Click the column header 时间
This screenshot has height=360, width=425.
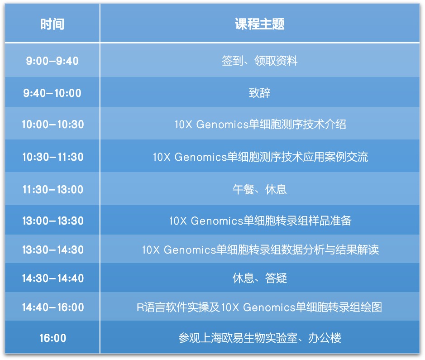coord(53,24)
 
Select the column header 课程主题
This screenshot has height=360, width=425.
coord(260,24)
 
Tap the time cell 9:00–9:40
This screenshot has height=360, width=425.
coord(53,61)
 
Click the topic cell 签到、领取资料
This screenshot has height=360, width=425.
coord(260,61)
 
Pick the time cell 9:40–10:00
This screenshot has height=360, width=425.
coord(53,93)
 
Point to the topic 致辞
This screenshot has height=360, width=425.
coord(260,93)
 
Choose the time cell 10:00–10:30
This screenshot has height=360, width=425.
coord(53,125)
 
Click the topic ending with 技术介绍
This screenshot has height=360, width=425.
coord(260,125)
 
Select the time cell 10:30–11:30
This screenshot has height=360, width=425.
coord(53,157)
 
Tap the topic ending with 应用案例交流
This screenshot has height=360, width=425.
coord(260,157)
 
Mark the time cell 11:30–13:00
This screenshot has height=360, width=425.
coord(53,189)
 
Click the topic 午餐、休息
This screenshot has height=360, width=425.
coord(260,189)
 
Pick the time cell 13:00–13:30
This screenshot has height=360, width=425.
coord(53,221)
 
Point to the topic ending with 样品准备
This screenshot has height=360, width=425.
coord(260,221)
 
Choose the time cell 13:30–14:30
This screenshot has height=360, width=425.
coord(53,250)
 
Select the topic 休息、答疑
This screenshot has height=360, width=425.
coord(260,278)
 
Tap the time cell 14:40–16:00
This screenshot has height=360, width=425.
coord(53,307)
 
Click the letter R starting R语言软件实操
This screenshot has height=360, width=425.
coord(140,307)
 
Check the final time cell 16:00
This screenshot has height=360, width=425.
coord(53,338)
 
